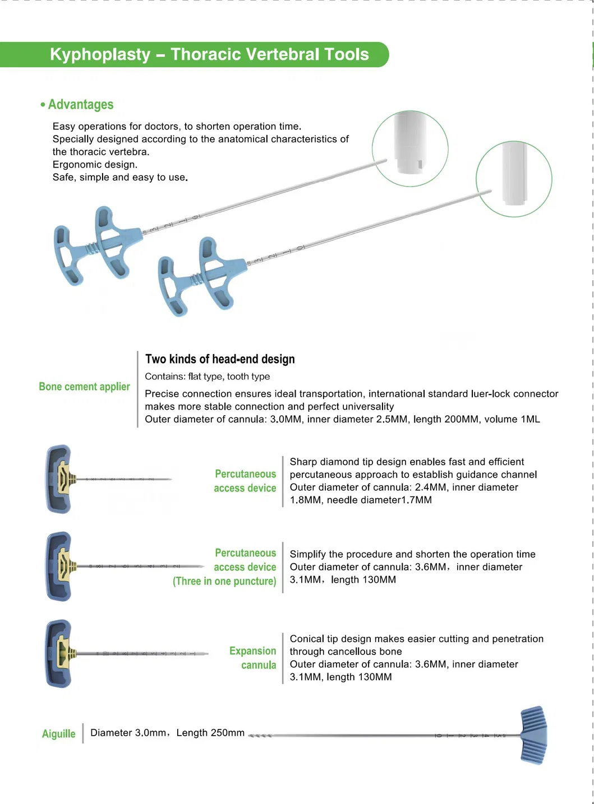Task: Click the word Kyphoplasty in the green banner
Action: [100, 55]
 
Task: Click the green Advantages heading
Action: [81, 104]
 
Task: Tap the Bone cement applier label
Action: [84, 387]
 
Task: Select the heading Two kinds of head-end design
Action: [220, 359]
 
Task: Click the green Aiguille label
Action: [59, 733]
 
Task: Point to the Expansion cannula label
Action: [253, 658]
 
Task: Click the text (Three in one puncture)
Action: [224, 580]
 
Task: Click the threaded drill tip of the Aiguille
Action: [260, 736]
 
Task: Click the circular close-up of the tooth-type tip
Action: [410, 148]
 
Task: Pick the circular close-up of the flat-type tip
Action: [514, 179]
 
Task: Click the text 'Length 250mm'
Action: [210, 733]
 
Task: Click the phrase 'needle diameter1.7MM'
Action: [379, 500]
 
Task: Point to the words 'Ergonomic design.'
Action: [95, 165]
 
